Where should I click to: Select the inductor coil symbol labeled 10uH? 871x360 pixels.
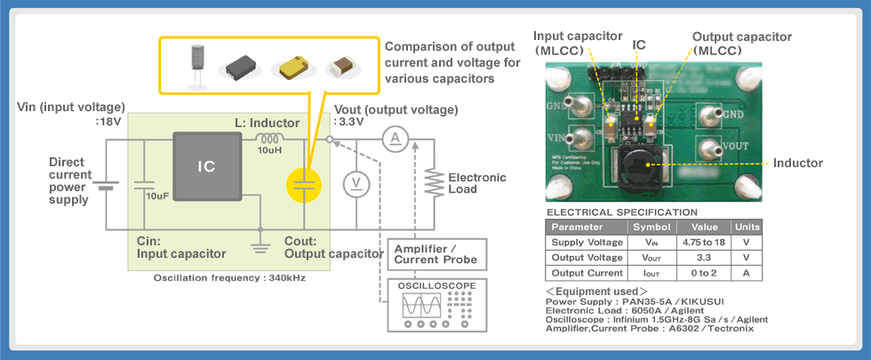point(268,138)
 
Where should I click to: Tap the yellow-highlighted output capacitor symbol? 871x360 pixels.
point(304,186)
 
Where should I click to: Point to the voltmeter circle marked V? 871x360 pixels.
point(356,183)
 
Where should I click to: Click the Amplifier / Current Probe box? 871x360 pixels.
point(437,253)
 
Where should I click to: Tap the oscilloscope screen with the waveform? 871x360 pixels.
point(420,306)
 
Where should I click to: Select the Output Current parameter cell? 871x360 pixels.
point(586,273)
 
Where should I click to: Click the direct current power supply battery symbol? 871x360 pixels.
point(106,188)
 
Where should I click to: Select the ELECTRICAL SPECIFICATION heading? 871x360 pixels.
point(622,212)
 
